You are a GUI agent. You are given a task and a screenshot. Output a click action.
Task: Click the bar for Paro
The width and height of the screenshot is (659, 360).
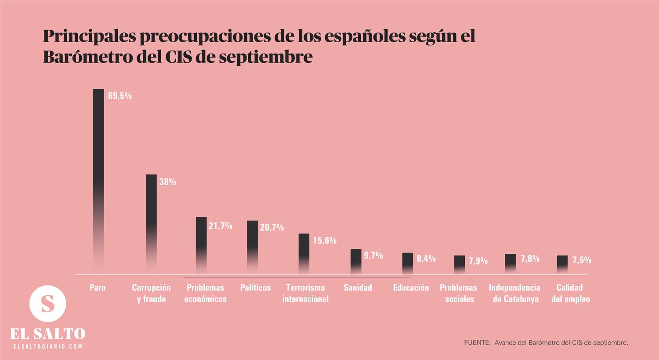pos(98,176)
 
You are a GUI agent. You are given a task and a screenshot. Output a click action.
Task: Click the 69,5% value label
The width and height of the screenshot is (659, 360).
pos(119,96)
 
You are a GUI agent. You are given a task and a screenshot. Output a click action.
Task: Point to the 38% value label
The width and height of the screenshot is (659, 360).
pos(167,182)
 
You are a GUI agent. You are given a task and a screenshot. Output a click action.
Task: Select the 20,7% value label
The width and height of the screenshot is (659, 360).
pos(272,227)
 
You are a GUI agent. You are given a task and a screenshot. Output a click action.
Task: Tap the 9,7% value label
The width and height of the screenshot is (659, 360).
pos(373,255)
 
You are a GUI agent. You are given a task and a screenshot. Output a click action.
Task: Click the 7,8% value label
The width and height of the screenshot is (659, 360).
pos(530,259)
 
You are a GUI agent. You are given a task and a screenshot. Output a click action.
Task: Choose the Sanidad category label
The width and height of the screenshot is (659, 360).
pos(358,288)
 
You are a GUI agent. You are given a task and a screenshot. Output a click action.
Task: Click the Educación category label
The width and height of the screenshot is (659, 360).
pos(411,288)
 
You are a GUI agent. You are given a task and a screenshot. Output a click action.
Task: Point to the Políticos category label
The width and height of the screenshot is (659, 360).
pos(255,288)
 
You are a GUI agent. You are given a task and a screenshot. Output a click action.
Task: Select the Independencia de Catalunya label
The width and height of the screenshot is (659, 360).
pos(515,293)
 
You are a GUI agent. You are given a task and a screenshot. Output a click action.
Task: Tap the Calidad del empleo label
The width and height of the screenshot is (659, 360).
pos(570,293)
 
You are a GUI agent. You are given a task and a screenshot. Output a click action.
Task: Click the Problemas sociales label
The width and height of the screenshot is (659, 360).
pos(459,293)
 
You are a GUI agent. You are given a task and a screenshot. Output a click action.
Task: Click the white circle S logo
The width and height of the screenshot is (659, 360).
pos(47,303)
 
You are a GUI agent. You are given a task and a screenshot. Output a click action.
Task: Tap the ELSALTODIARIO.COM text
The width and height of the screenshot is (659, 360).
pos(48,347)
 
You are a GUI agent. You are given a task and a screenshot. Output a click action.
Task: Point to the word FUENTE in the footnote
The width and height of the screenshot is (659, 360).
pos(477,342)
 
